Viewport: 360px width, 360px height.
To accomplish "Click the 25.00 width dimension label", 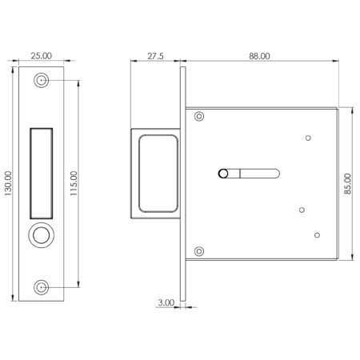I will (41, 55).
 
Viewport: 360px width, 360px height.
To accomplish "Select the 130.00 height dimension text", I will (9, 183).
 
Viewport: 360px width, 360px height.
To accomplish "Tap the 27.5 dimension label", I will (156, 55).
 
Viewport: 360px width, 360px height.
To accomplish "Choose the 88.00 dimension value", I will (258, 55).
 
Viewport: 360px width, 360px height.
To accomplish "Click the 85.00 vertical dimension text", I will (347, 184).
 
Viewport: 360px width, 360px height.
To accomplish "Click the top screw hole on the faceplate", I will (41, 81).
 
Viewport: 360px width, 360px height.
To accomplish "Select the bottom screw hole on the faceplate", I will (41, 286).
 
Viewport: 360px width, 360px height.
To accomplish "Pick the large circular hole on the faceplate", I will (41, 236).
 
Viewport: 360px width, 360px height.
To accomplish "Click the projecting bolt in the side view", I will (154, 174).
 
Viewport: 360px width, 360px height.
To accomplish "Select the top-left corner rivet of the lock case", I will (199, 116).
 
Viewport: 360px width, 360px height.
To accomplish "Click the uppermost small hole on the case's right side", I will (309, 138).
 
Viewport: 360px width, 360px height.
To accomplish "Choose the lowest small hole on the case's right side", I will (317, 234).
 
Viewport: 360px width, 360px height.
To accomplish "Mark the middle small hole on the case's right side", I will (301, 210).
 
